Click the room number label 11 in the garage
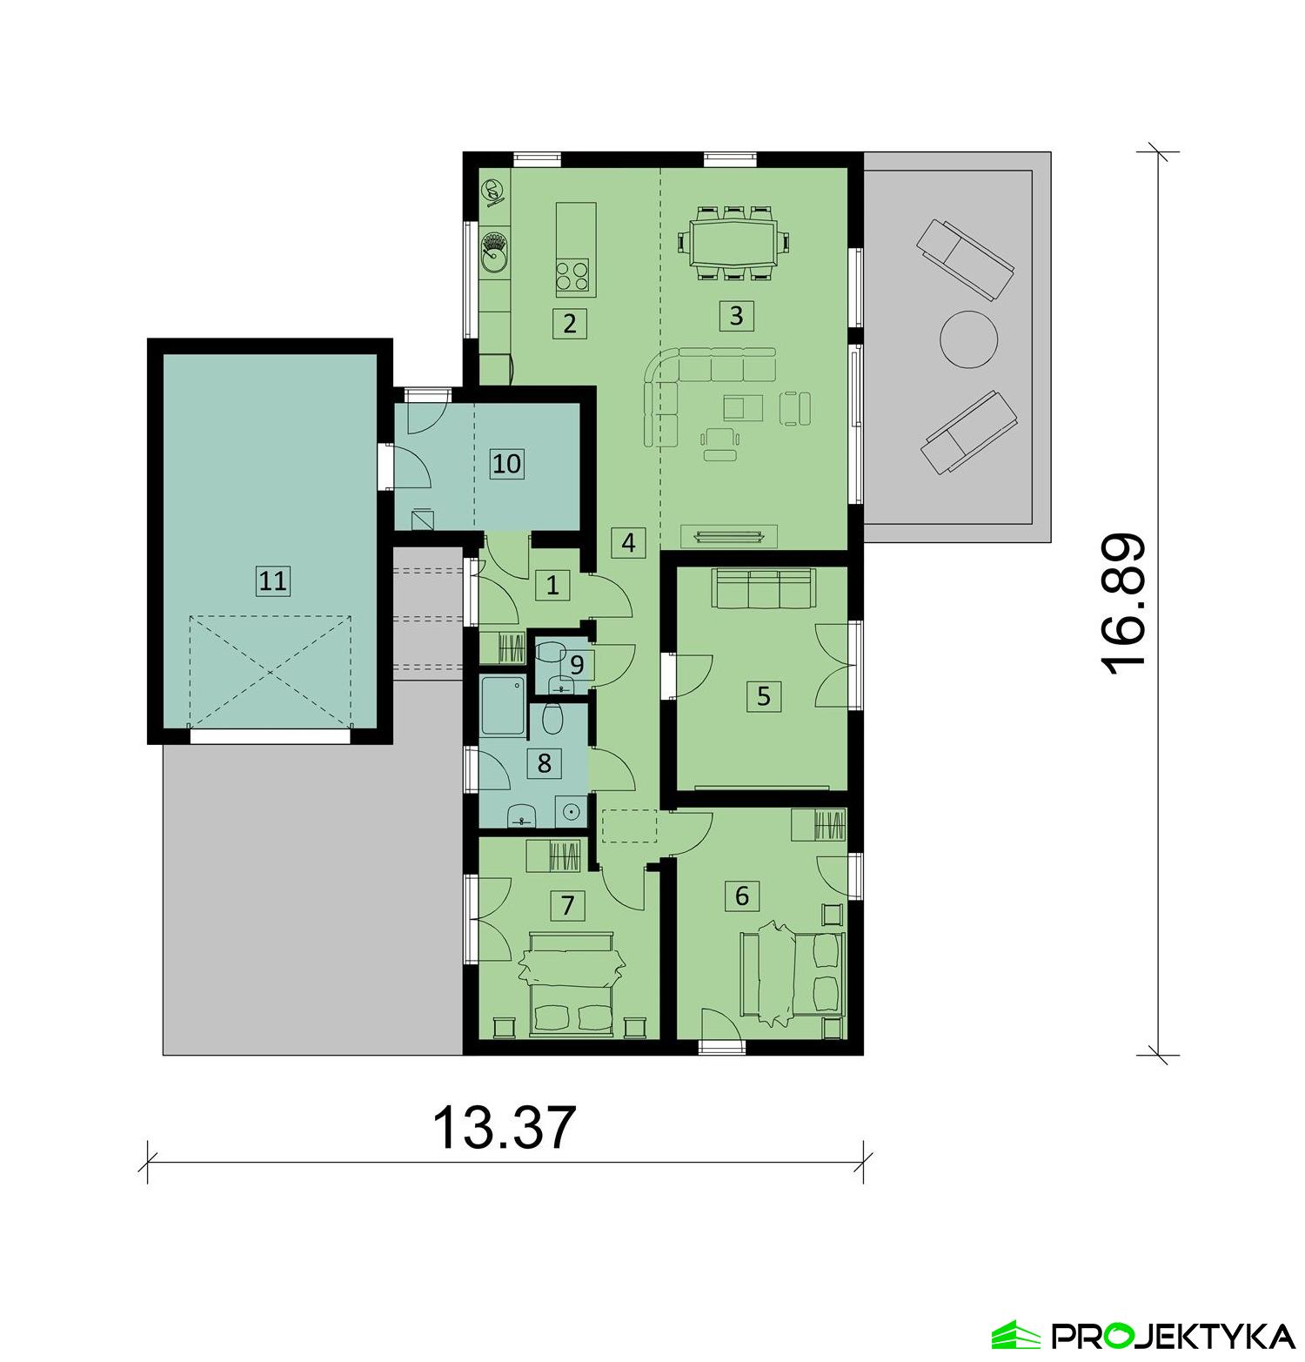tap(272, 580)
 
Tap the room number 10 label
tap(506, 463)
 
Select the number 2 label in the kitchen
tap(569, 324)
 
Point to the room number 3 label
tap(736, 315)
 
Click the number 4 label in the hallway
tap(628, 543)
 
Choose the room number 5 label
tap(763, 696)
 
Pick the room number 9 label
tap(576, 666)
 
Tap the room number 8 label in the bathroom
tap(545, 763)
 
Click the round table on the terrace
tap(967, 339)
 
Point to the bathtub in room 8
tap(503, 707)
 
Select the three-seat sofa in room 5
tap(762, 589)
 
